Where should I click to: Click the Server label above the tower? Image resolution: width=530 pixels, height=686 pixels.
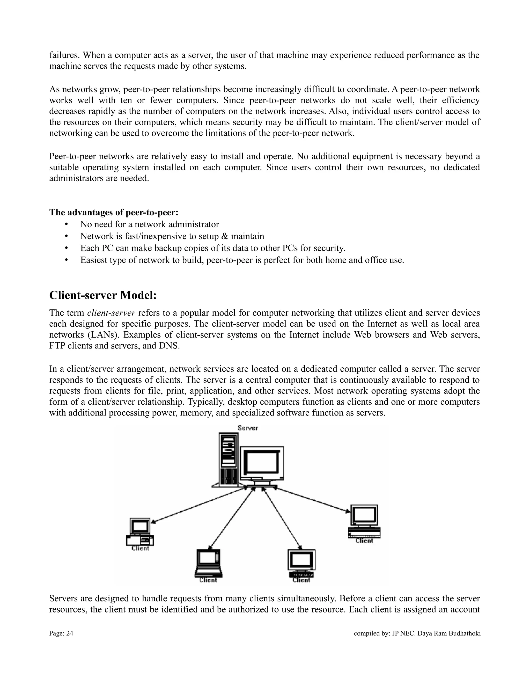coord(247,428)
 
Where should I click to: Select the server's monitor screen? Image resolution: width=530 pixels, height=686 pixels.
coord(262,463)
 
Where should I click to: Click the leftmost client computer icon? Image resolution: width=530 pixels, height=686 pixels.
coord(140,531)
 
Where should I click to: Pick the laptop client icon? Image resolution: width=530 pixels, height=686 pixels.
coord(208,563)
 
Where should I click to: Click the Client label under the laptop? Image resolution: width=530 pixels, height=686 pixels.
coord(208,580)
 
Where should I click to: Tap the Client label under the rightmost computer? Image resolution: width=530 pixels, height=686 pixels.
coord(364,541)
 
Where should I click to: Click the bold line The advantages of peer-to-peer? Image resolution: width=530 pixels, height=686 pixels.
coord(114,212)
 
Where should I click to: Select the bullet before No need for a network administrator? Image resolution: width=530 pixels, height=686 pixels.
coord(66,224)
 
